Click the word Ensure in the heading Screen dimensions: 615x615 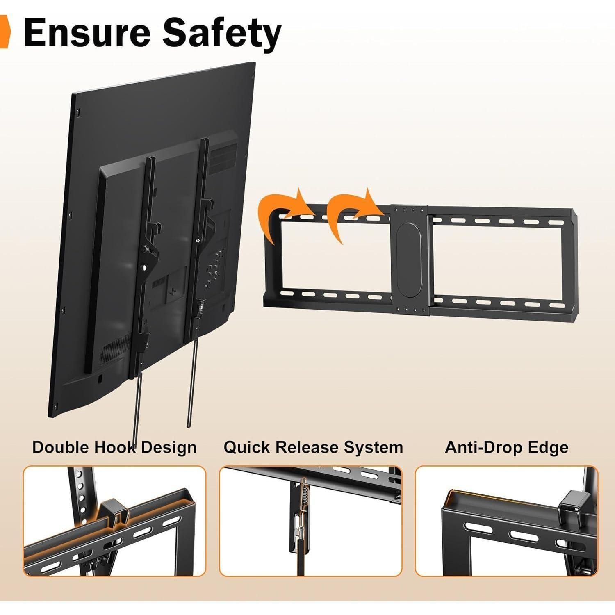coord(87,32)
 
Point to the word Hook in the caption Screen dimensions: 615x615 coord(115,447)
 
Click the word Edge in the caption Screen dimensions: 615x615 coord(548,448)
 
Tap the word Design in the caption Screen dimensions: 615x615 coord(169,448)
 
